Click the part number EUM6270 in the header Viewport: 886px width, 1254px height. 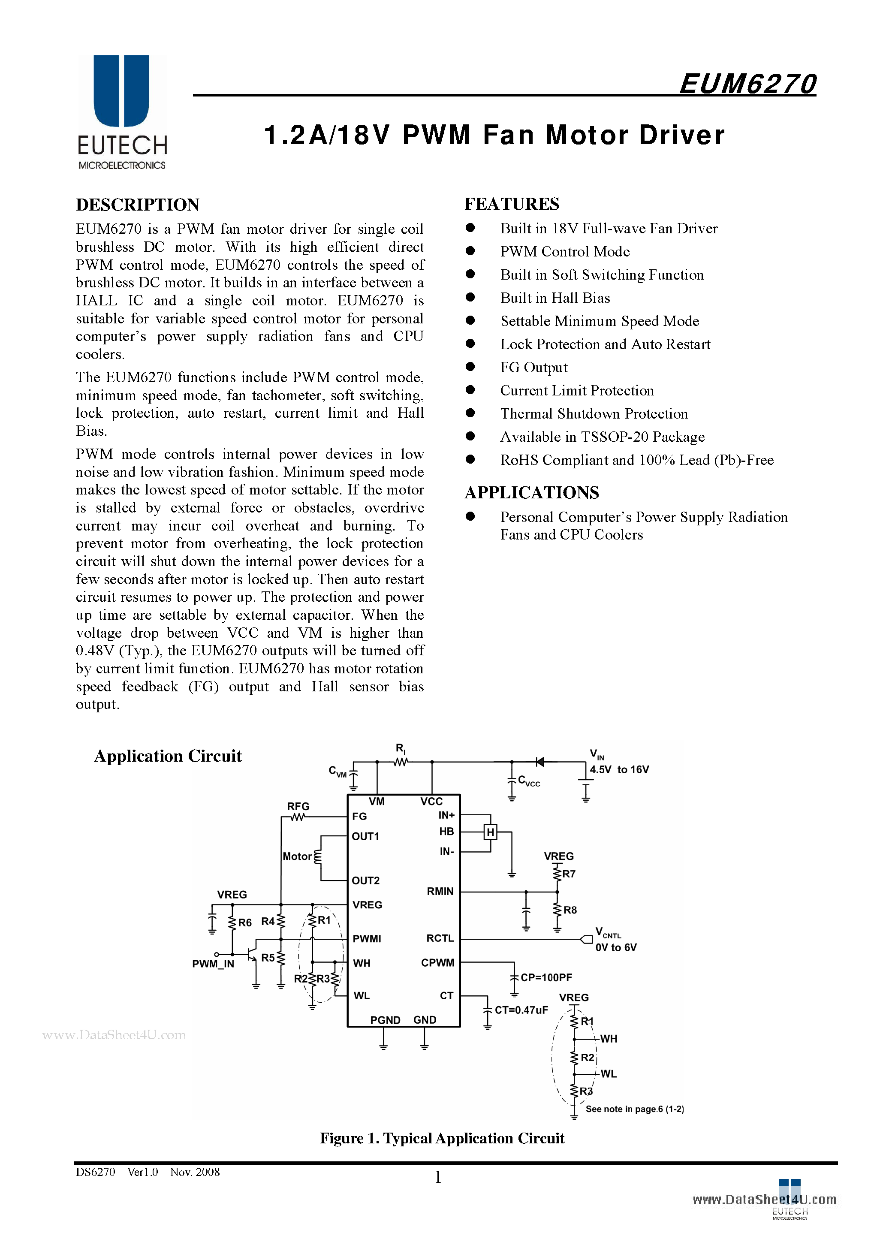[747, 84]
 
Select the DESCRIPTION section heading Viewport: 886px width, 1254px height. [138, 205]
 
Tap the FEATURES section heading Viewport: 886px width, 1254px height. [511, 204]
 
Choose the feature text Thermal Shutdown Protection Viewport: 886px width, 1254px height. [594, 413]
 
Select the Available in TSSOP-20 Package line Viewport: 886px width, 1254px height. [602, 437]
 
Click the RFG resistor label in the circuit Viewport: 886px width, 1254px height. [298, 806]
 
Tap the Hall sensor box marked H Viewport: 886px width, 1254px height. [490, 832]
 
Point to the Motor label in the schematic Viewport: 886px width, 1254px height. [297, 856]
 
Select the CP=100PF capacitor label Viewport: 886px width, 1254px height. [545, 977]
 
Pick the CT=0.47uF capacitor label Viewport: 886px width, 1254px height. [521, 1010]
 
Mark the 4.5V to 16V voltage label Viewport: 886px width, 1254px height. [619, 769]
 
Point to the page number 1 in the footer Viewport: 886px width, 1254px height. [437, 1178]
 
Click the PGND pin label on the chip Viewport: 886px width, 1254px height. [385, 1020]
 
